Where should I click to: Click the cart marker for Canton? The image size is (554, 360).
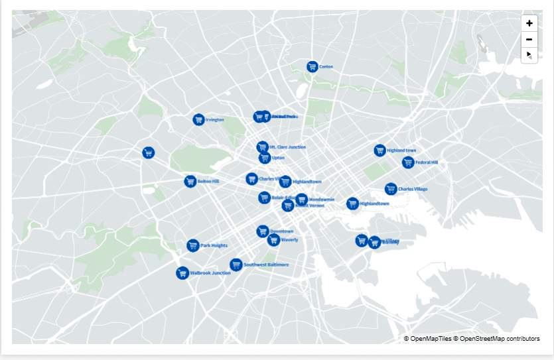coord(312,66)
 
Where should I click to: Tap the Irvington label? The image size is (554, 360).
coord(215,120)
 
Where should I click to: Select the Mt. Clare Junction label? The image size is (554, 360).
coord(287,147)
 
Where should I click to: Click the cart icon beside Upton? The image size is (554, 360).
coord(265,158)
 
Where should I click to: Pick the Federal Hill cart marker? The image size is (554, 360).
coord(408,162)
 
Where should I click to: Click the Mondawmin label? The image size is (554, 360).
coord(322,200)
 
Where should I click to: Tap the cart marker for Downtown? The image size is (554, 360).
coord(263,231)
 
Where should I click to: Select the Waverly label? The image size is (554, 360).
coord(290,240)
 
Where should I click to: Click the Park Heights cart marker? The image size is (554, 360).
coord(193,245)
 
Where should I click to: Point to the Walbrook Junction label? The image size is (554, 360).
coord(210,273)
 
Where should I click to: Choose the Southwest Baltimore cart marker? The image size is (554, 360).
coord(236,265)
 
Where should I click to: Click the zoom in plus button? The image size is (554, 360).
coord(529,23)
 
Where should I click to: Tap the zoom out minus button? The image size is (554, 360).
coord(529,39)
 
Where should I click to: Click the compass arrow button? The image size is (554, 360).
coord(529,55)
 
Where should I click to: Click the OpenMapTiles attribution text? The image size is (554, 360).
coord(427,339)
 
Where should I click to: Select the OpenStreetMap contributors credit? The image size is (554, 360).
coord(497,339)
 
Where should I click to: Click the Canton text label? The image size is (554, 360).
coord(326,67)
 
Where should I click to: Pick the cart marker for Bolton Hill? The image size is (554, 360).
coord(190,181)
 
